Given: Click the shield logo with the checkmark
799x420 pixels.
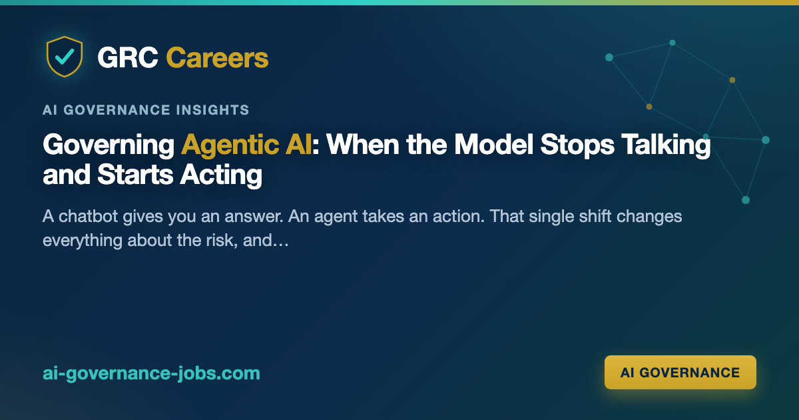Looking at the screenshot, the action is [65, 57].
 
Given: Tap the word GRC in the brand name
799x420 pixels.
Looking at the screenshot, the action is [128, 57].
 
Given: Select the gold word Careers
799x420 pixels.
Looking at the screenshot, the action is [217, 57].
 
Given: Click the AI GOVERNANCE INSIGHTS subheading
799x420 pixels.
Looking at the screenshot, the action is [146, 110].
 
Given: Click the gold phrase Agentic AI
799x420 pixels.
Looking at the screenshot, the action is [246, 145].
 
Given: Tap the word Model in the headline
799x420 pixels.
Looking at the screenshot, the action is [493, 145].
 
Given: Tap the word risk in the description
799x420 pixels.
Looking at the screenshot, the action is [222, 240].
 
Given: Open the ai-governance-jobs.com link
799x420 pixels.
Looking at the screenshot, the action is [151, 373].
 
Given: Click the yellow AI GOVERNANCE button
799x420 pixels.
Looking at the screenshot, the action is [680, 372].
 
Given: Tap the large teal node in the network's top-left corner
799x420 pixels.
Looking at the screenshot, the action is [609, 57].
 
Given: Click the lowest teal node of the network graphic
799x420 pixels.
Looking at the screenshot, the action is [746, 200].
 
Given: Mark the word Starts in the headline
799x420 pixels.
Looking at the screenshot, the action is [134, 175].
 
